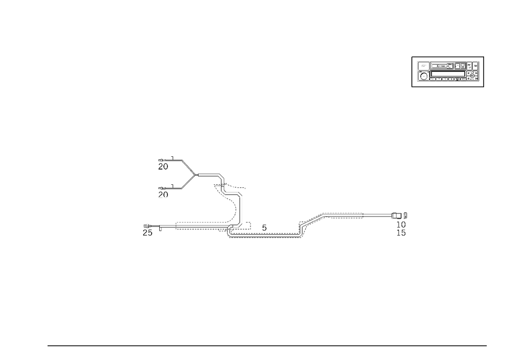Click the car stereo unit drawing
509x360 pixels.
point(448,71)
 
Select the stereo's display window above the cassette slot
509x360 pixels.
point(442,66)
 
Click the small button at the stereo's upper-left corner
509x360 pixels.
point(422,66)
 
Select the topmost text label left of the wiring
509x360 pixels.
point(163,164)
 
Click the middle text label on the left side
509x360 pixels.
point(163,193)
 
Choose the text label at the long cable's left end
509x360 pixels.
point(147,229)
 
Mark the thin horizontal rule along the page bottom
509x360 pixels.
point(267,345)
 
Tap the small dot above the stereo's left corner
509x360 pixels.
point(411,56)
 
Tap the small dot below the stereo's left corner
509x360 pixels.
point(411,88)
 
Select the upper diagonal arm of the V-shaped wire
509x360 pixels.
point(189,168)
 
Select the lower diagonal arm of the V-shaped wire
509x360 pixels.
point(188,182)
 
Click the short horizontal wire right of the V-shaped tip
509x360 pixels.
point(208,174)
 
